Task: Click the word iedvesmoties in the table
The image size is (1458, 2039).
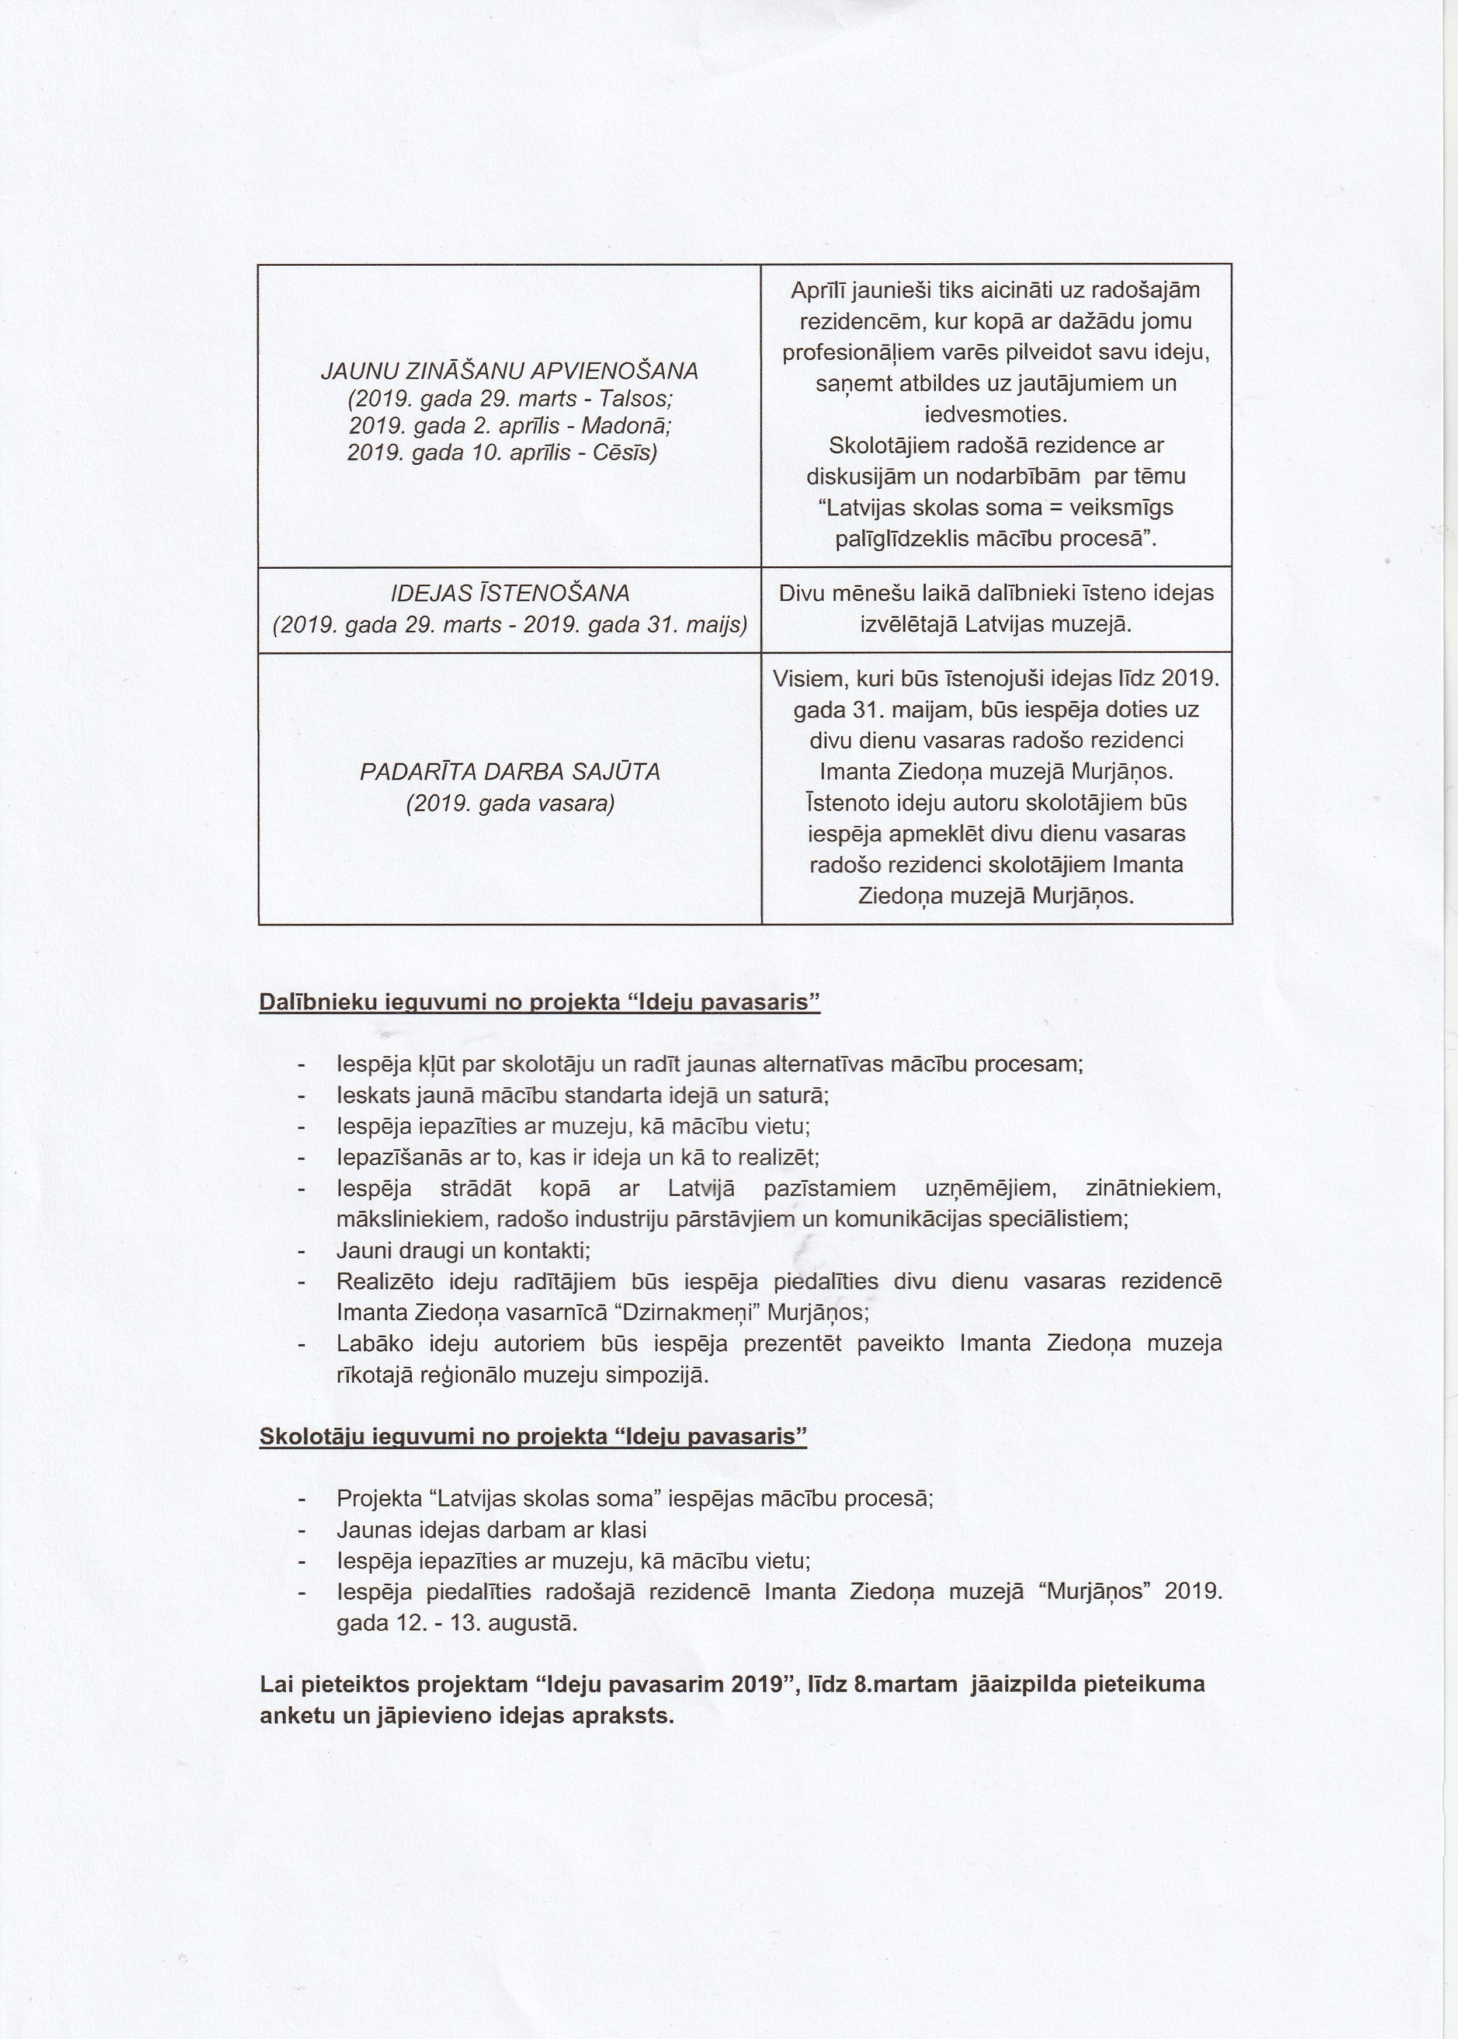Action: [995, 415]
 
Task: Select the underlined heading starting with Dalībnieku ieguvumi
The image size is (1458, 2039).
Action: [540, 1003]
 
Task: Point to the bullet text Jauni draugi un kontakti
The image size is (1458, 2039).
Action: [463, 1250]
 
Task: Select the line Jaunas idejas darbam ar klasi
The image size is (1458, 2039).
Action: [491, 1530]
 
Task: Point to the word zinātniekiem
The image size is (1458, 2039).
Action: [1152, 1188]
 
